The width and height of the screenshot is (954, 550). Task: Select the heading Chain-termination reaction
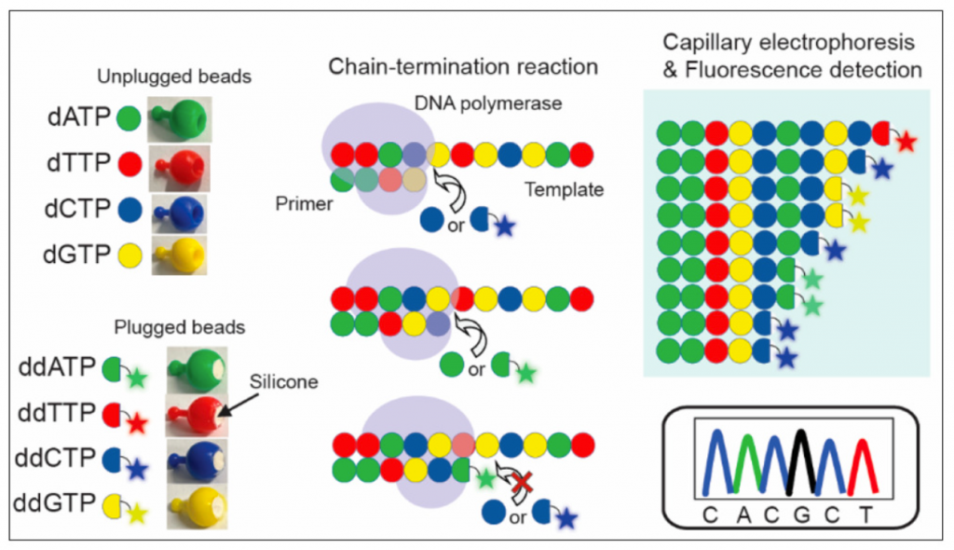point(463,67)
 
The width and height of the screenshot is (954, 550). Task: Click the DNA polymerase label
point(507,103)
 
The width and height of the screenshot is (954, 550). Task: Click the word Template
point(565,189)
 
